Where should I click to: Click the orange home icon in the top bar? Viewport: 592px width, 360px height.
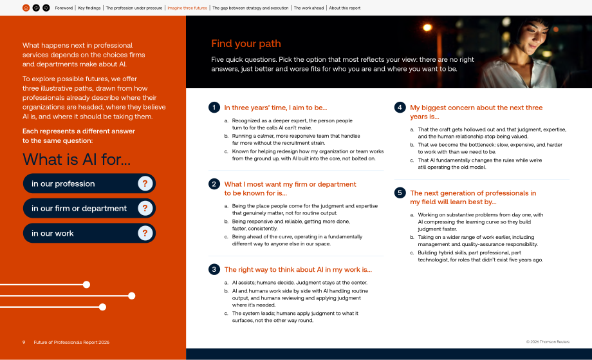coord(26,8)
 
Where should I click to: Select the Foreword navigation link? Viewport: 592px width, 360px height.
coord(64,8)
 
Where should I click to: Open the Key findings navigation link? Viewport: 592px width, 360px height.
coord(89,8)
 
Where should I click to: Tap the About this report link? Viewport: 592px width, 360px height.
coord(345,8)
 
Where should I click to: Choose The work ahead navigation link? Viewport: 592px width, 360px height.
coord(309,8)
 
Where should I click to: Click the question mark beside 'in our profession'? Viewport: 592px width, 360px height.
coord(145,184)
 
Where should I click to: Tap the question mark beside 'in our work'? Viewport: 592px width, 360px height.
coord(145,233)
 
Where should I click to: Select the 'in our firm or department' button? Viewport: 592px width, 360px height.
coord(89,208)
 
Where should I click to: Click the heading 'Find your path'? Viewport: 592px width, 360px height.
coord(246,43)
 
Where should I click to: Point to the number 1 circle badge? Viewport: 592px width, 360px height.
coord(214,108)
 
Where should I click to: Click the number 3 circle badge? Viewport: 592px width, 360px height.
coord(214,269)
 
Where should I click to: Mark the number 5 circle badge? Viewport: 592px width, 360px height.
coord(400,193)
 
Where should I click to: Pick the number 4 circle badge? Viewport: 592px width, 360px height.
coord(400,108)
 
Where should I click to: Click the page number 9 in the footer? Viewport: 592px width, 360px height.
coord(24,342)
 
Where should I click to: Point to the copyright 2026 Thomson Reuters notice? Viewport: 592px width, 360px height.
coord(548,342)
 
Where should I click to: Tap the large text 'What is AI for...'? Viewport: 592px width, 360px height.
coord(77,160)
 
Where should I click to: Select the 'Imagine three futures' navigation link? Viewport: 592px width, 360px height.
coord(187,8)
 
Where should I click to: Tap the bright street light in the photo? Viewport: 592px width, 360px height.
coord(427,27)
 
